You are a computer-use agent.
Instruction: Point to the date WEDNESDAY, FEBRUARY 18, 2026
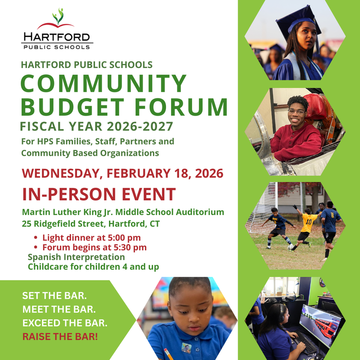coord(123,172)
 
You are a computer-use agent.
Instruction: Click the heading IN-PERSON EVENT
coord(99,194)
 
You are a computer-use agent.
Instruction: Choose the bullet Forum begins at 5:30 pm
coord(94,247)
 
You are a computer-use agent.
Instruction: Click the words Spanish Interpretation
coord(76,257)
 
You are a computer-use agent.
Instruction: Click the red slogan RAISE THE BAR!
coord(60,335)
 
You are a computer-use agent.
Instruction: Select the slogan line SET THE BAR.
coord(54,297)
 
